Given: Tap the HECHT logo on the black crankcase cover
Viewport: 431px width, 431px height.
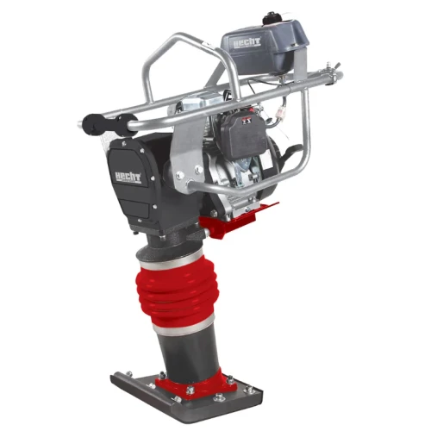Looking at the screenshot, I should pos(125,176).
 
